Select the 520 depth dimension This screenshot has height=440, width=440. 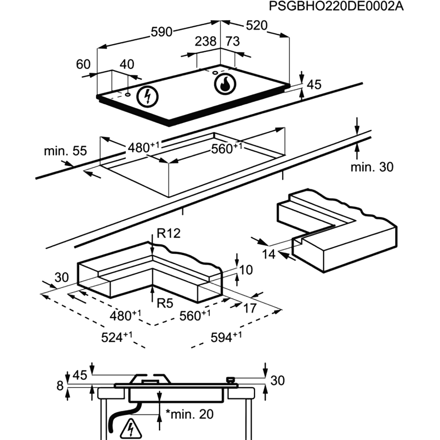257,26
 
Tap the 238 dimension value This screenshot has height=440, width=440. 205,41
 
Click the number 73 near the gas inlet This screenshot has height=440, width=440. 232,41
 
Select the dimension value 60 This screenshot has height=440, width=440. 83,65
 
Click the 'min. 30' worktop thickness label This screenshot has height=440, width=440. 372,167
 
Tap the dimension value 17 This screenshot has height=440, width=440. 249,308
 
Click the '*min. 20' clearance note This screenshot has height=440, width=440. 189,414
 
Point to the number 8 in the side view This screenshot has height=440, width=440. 60,386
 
